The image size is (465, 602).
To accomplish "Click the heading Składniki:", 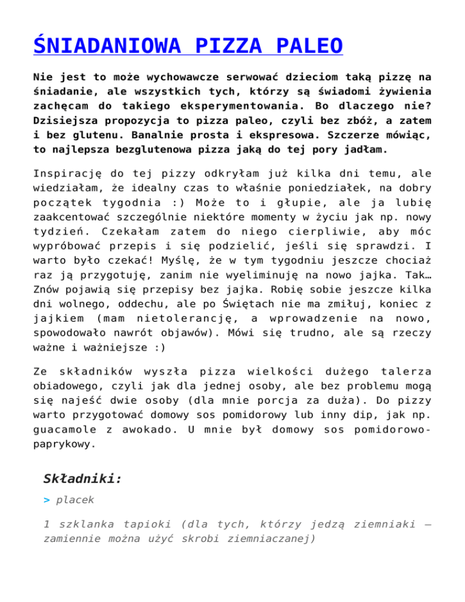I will tap(83, 479).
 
